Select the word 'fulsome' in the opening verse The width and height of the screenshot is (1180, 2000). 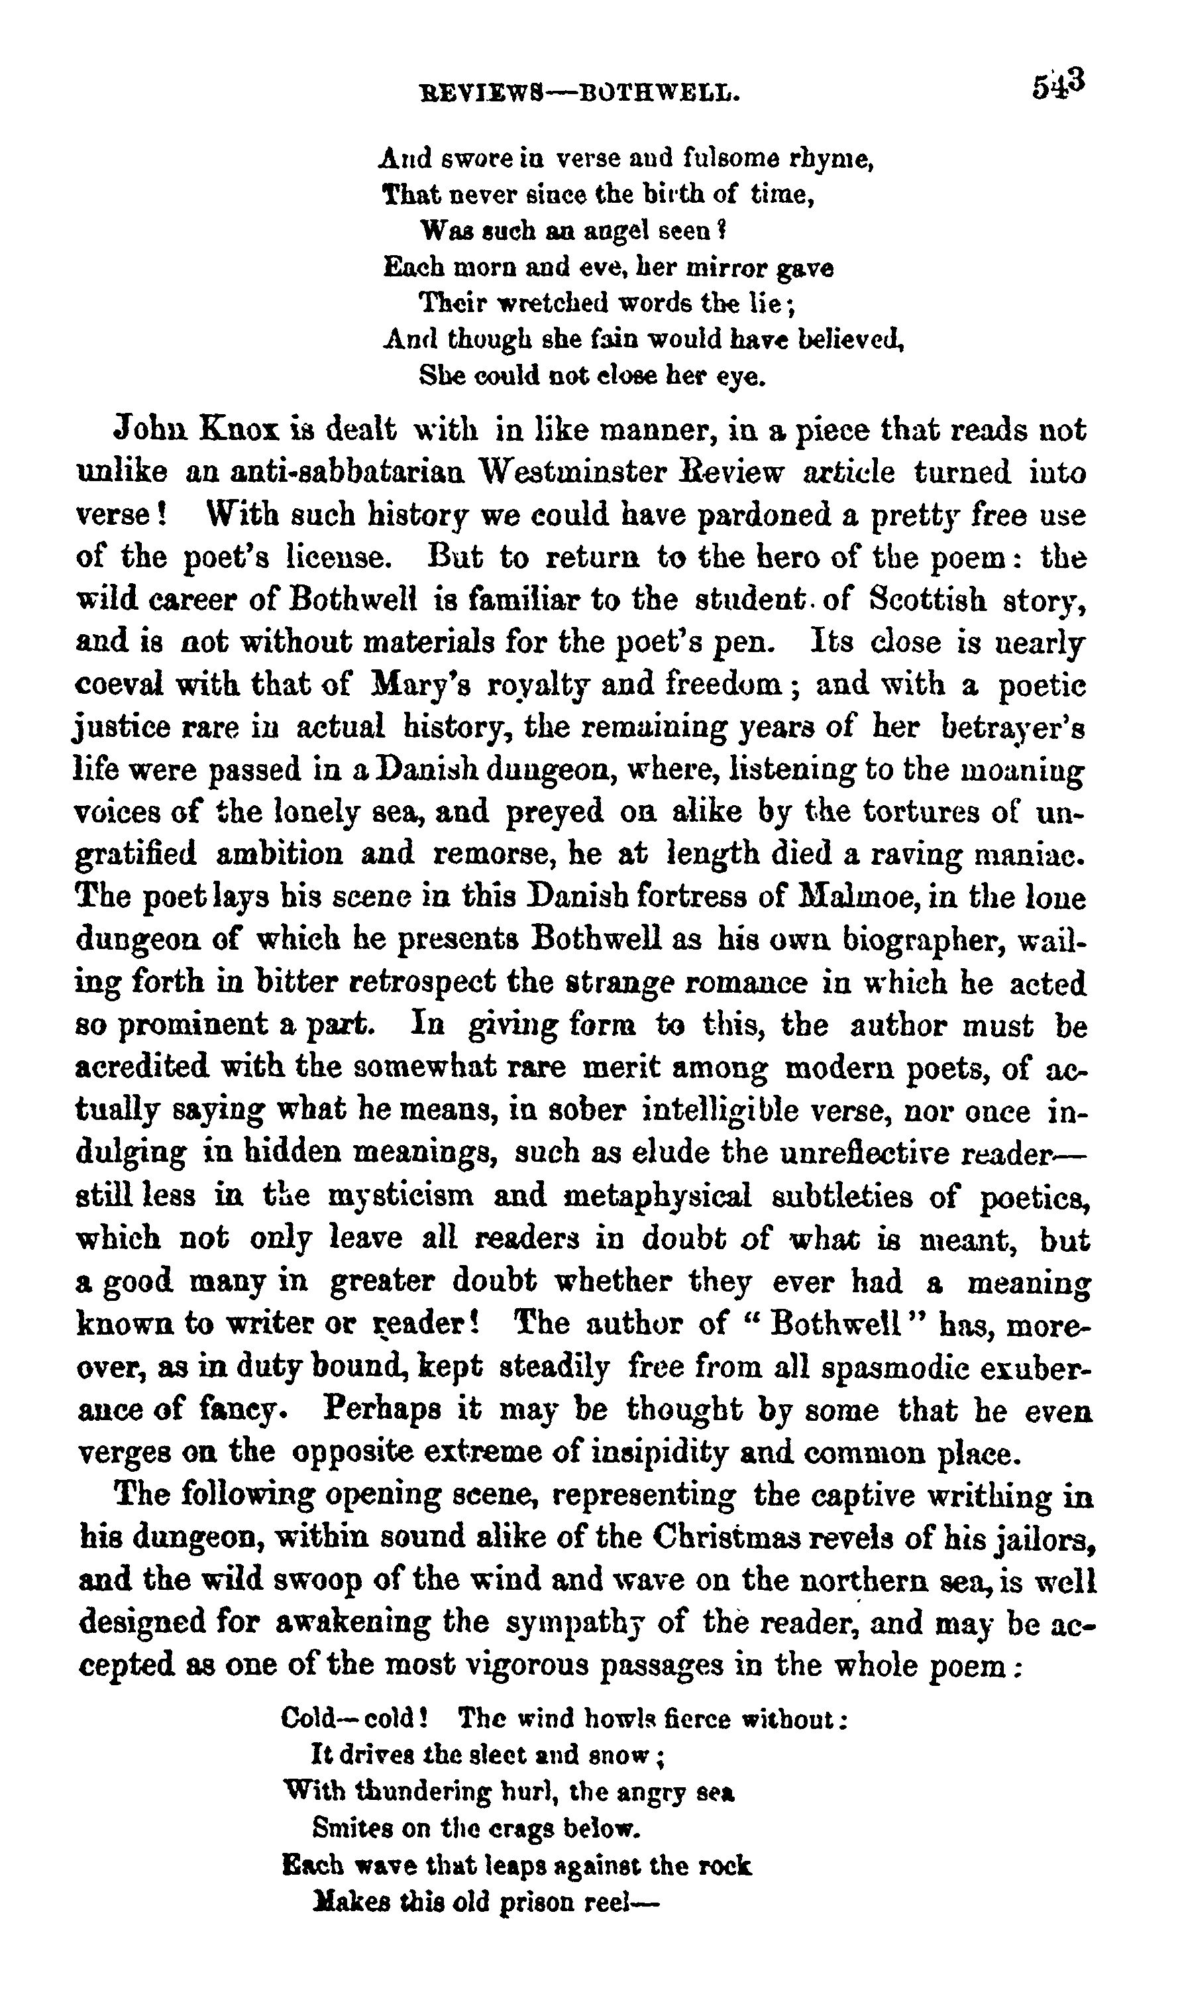click(726, 160)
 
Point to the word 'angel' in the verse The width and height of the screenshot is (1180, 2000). click(605, 231)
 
